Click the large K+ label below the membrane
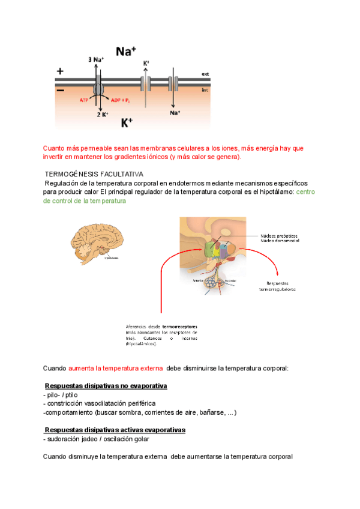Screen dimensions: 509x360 (x=127, y=123)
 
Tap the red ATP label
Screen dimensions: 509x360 (x=85, y=100)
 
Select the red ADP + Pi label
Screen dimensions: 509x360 (x=121, y=100)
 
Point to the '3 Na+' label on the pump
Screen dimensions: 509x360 (x=95, y=59)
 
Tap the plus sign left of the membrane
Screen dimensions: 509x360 (x=60, y=71)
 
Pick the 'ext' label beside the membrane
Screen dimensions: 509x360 (x=205, y=74)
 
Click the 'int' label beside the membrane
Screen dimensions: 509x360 (x=205, y=88)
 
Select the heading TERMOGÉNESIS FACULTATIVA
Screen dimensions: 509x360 (x=94, y=173)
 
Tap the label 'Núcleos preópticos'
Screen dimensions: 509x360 (x=279, y=235)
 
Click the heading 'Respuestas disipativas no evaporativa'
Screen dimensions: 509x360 (x=106, y=385)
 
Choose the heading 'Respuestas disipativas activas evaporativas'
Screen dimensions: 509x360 (x=115, y=430)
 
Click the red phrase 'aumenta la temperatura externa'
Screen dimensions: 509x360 (x=116, y=367)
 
